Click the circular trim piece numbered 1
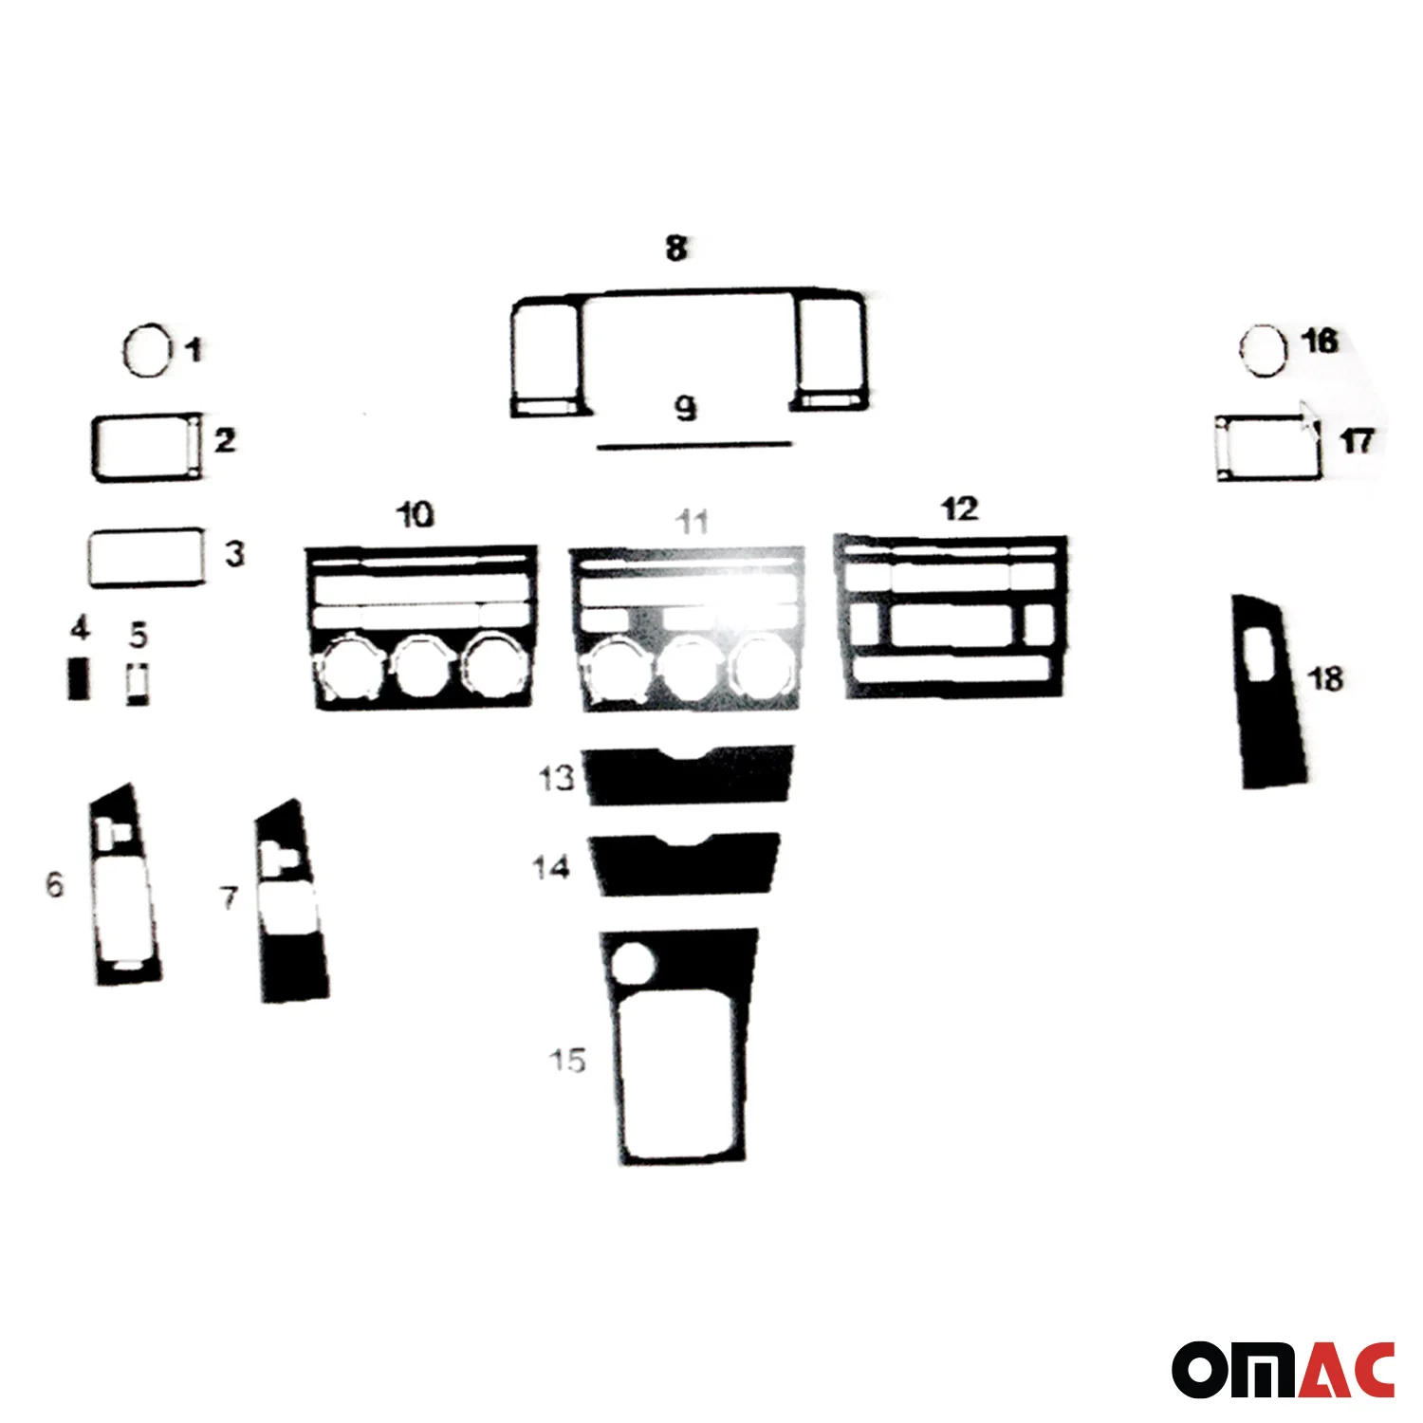pos(125,352)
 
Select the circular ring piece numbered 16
pos(1241,350)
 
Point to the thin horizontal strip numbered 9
pos(693,444)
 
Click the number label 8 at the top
pos(676,249)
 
